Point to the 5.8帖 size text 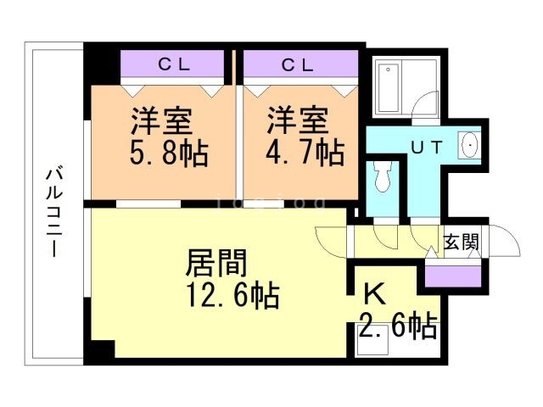point(170,154)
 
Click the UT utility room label point(426,147)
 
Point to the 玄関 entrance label point(461,242)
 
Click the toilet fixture point(382,176)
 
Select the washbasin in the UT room point(468,147)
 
